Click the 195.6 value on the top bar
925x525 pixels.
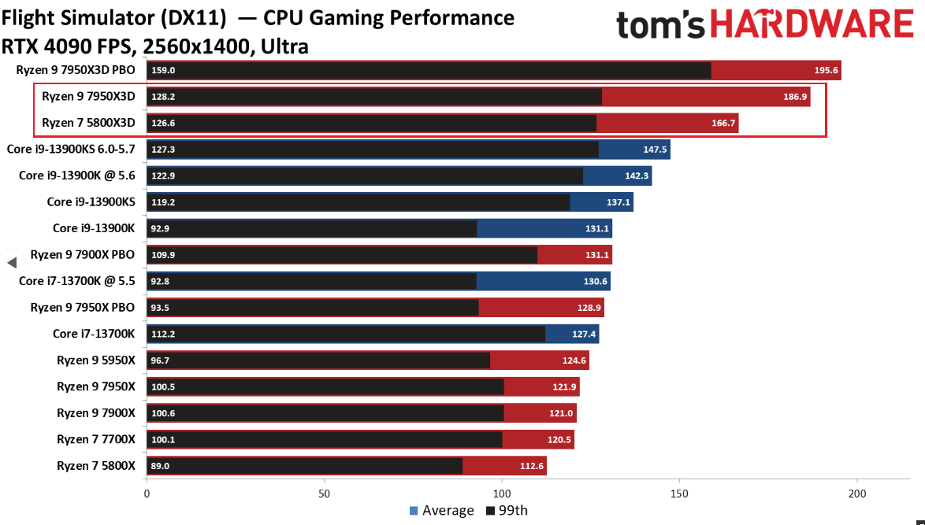[x=827, y=70]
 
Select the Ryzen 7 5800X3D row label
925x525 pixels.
[x=88, y=123]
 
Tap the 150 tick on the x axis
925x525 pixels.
[x=679, y=494]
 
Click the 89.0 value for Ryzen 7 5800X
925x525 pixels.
[x=160, y=466]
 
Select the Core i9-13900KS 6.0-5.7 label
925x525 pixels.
[x=71, y=149]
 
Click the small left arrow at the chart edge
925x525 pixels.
[x=11, y=262]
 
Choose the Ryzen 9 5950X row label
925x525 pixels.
[x=96, y=360]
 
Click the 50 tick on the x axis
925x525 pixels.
[x=324, y=494]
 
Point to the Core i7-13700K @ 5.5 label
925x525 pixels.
[x=77, y=281]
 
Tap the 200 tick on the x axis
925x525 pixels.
[x=857, y=494]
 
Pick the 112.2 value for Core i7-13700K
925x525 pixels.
[x=162, y=334]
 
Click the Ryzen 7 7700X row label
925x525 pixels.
[x=96, y=439]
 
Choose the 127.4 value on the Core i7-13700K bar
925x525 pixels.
[x=584, y=334]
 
